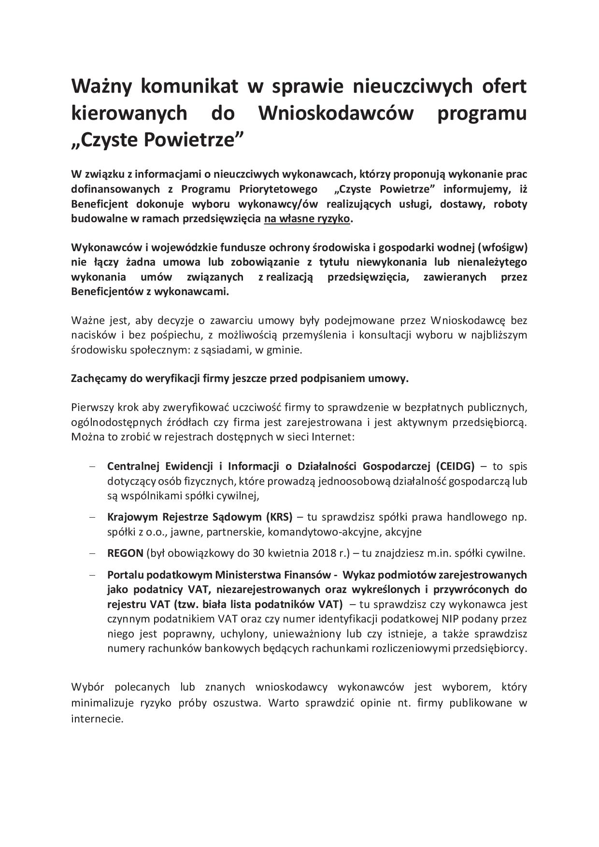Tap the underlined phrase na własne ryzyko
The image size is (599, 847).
click(x=307, y=218)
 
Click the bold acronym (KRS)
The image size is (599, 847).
click(x=279, y=517)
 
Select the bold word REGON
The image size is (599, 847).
click(x=125, y=553)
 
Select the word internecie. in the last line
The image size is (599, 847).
click(x=97, y=718)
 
